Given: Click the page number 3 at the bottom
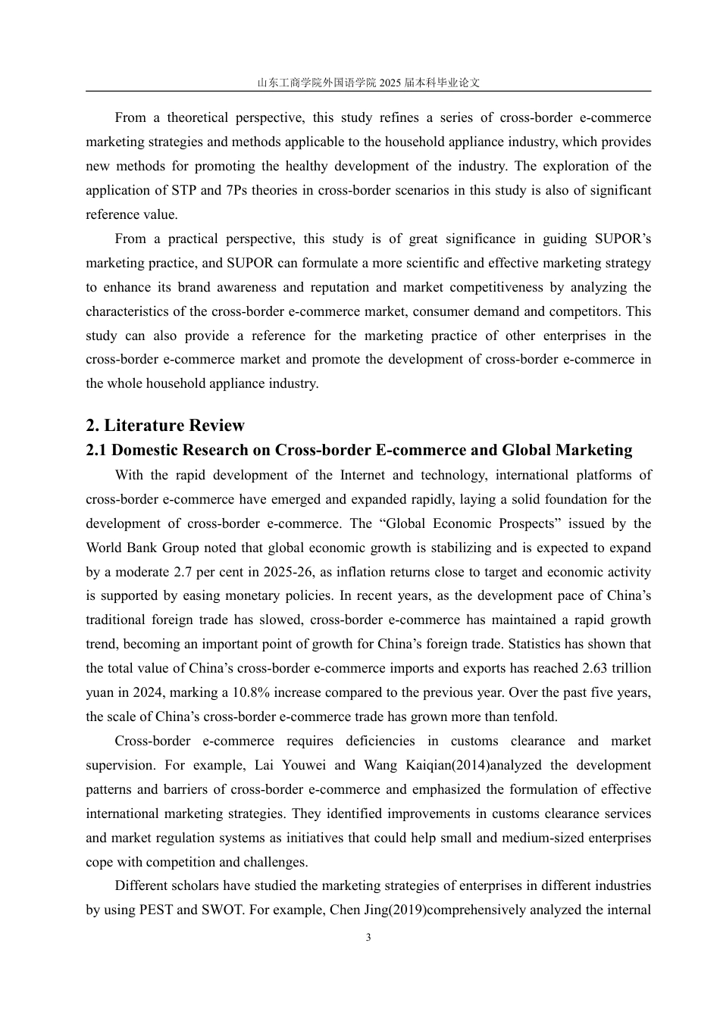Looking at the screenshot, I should (x=368, y=937).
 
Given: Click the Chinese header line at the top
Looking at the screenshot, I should (x=368, y=83).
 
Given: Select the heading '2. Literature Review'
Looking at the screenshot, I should (x=165, y=425).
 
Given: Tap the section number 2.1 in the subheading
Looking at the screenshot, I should (x=97, y=450).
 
